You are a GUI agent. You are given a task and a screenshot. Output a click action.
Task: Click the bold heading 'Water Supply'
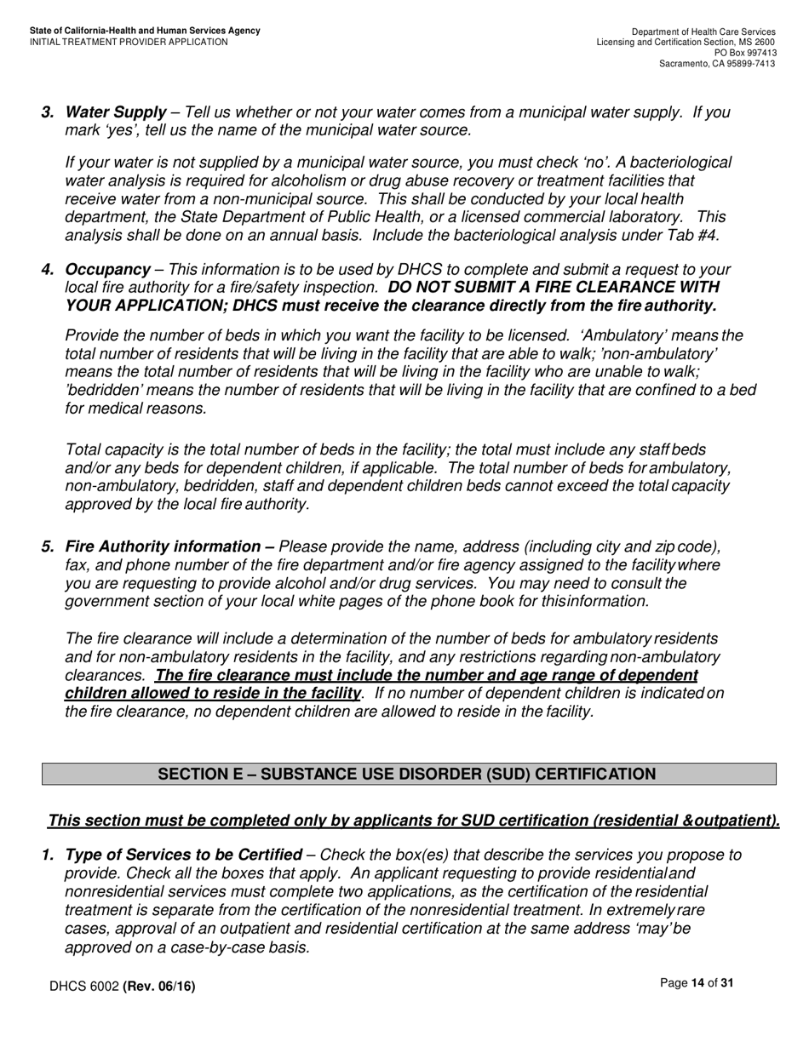click(116, 112)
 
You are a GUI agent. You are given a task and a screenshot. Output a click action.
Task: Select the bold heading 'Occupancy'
click(107, 270)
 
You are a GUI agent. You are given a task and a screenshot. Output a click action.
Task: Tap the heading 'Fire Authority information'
click(164, 546)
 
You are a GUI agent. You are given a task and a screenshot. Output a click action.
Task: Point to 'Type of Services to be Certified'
click(183, 855)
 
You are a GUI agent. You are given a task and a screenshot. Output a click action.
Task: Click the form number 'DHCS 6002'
click(84, 987)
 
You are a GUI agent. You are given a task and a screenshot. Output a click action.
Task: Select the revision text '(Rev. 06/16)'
click(159, 987)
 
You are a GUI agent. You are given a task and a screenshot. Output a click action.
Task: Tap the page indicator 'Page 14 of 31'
click(697, 983)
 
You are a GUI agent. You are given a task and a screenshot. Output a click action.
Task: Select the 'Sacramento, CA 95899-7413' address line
click(717, 64)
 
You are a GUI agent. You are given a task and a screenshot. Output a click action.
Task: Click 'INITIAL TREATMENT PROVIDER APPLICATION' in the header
click(129, 42)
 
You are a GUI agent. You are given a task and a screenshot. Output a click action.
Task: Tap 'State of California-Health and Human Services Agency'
click(145, 31)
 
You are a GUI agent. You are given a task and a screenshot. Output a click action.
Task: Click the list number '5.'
click(48, 546)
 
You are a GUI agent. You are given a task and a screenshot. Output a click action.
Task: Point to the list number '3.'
click(48, 112)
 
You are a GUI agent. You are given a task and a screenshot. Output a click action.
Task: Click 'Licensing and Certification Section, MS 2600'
click(686, 42)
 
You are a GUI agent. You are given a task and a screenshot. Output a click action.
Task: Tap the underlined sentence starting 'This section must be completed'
click(414, 821)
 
